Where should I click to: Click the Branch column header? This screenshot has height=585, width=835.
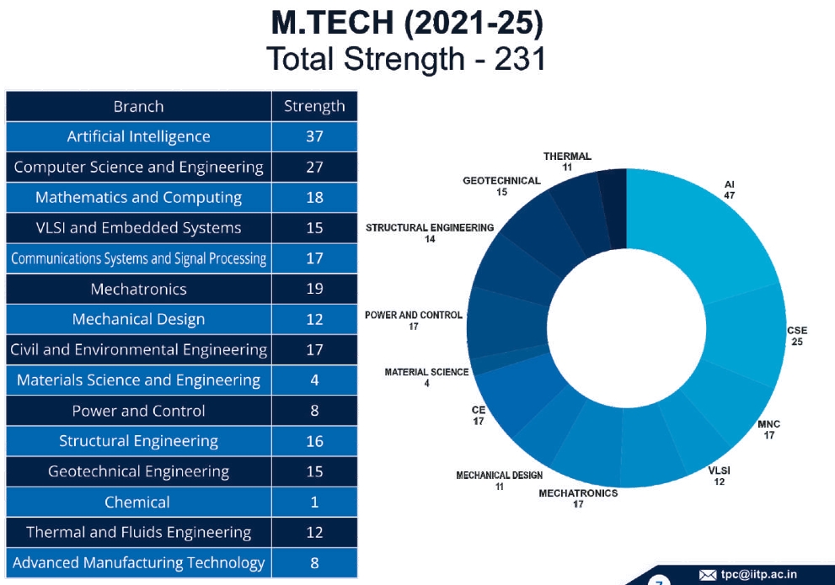pos(138,106)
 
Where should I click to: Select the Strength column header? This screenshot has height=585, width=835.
pos(314,106)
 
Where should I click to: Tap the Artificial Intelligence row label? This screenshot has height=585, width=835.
pos(138,136)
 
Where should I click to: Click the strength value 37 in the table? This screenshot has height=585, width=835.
pos(314,136)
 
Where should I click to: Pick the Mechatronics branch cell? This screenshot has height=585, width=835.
pos(138,289)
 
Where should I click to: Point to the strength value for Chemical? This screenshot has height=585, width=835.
pos(314,502)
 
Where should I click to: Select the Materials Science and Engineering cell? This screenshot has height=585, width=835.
pos(138,380)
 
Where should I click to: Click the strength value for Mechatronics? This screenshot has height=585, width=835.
pos(314,289)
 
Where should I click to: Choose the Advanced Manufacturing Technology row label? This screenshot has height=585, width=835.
pos(138,562)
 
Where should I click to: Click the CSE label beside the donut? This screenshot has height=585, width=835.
pos(796,331)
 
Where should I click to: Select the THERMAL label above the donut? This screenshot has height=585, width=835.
pos(567,157)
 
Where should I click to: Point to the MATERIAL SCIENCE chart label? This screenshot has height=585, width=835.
pos(426,372)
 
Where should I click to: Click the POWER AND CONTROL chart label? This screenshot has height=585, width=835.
pos(413,315)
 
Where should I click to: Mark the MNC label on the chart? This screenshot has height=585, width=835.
pos(768,424)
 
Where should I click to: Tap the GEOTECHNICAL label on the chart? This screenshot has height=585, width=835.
pos(501,181)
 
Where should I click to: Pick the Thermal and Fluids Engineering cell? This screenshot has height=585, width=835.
pos(138,532)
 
